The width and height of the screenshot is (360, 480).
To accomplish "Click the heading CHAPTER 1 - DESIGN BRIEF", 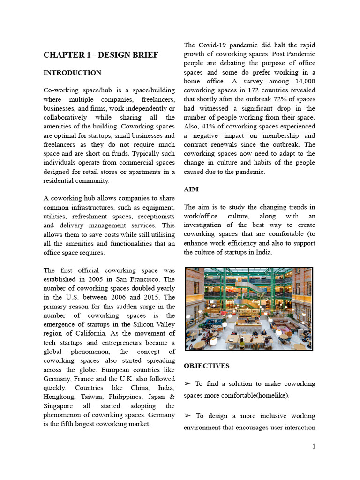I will pos(101,55).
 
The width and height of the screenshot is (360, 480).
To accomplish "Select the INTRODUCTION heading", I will pos(72,73).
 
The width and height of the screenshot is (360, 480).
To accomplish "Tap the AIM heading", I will pos(191,189).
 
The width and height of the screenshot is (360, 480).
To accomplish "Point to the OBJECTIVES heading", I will pos(207,366).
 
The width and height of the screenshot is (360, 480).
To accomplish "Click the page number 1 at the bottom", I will pos(314,446).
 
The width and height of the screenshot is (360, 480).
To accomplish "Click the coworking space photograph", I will pos(248,309).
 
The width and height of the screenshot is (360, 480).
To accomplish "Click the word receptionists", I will pos(154,217).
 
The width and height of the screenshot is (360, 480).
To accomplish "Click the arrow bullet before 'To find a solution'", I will pos(187,383).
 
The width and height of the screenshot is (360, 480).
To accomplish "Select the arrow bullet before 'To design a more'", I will pos(187,416).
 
